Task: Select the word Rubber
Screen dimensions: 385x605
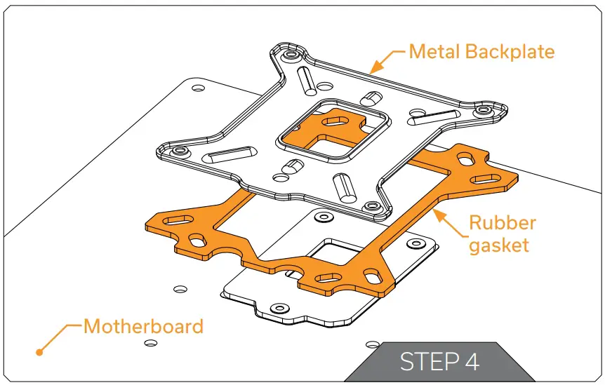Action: coord(502,223)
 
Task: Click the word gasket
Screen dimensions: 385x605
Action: coord(499,245)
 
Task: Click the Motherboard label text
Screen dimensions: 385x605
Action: coord(143,326)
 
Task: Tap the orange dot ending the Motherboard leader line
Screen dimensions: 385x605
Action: coord(40,351)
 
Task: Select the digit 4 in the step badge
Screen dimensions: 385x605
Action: coord(472,362)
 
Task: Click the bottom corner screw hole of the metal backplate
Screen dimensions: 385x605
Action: coord(369,207)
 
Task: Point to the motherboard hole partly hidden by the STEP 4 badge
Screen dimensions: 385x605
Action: coord(372,344)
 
